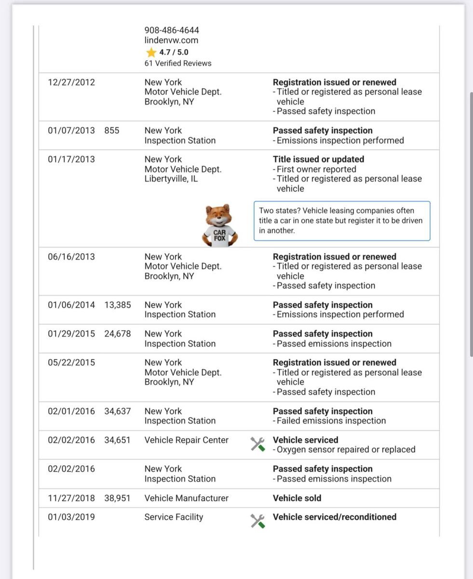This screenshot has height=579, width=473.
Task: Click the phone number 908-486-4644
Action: (172, 30)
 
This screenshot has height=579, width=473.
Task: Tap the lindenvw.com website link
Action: (171, 41)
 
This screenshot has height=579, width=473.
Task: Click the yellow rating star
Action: (151, 52)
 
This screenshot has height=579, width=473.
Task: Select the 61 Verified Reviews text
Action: (177, 63)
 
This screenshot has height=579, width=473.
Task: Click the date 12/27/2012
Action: (71, 82)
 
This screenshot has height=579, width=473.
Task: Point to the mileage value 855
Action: (111, 130)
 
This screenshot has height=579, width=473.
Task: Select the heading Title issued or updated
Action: (318, 159)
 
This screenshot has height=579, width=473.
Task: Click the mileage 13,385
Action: (117, 305)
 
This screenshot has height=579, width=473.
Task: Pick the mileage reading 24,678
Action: (117, 334)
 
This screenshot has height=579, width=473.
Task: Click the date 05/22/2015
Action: (71, 363)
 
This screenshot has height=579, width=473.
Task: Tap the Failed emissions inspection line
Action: (331, 421)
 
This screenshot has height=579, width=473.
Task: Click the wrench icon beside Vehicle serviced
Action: (257, 444)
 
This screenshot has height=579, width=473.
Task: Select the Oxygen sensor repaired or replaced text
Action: (346, 450)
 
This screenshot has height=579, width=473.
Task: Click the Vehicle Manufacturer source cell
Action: (186, 498)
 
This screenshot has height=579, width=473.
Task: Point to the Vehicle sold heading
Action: (297, 498)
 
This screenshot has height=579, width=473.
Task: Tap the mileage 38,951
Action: (117, 498)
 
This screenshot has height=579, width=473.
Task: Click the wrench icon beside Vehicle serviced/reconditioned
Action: (257, 521)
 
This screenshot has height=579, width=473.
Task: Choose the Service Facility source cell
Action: (174, 517)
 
